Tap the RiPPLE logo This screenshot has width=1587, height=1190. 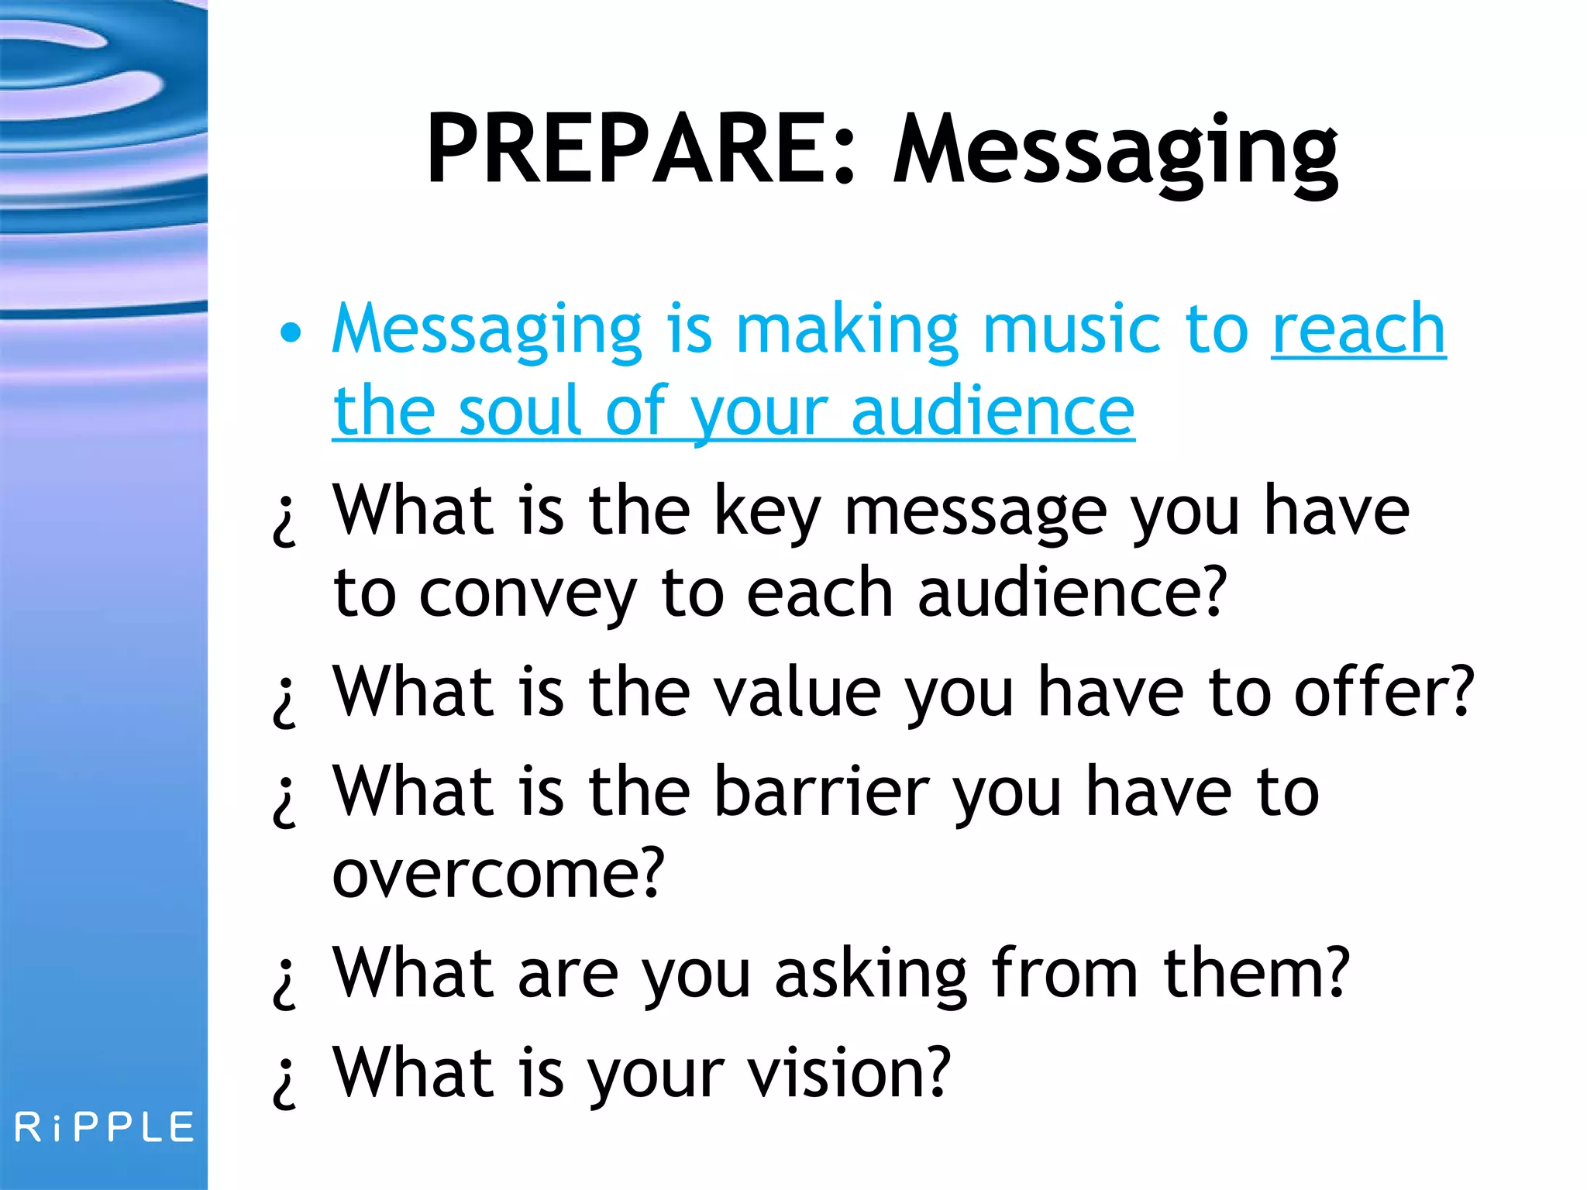[x=105, y=1126]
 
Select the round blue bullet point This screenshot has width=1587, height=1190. [x=290, y=333]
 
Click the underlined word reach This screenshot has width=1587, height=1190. [x=1358, y=329]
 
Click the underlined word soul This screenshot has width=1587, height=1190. [x=520, y=411]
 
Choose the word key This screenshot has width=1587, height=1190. [x=766, y=511]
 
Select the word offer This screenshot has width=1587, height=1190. [x=1384, y=691]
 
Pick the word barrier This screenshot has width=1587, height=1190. [x=821, y=792]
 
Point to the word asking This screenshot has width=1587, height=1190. [x=871, y=974]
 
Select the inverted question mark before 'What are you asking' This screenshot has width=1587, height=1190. [x=285, y=982]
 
